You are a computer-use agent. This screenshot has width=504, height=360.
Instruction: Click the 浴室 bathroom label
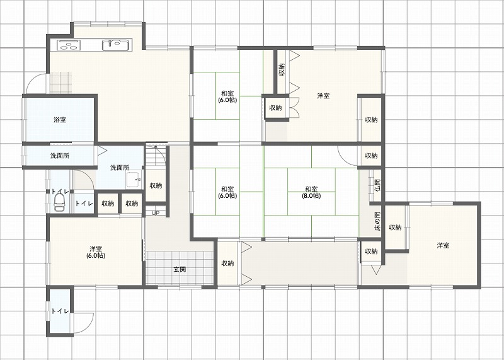60,120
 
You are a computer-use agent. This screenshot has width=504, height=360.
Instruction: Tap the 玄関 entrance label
180,269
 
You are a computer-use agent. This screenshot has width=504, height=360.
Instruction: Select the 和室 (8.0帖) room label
311,192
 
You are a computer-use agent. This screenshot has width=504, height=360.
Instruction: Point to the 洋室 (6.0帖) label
96,252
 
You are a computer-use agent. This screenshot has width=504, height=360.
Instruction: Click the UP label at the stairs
156,213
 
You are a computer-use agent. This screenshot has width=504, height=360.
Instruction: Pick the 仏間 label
377,185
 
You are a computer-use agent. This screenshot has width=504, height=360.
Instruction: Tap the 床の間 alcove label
377,221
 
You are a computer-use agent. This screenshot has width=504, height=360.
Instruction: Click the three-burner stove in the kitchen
68,45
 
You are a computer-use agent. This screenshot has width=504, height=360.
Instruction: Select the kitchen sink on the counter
115,45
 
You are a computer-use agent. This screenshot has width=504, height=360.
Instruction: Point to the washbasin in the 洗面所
134,180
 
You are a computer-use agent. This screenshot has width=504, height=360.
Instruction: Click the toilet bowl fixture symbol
59,202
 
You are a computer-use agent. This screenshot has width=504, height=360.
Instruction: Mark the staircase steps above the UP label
156,155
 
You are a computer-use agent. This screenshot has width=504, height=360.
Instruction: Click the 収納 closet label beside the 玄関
227,263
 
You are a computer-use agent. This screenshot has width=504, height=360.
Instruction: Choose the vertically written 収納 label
282,69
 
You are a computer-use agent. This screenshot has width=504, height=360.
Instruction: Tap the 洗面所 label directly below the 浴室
60,156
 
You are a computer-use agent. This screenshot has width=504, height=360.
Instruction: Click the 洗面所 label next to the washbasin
120,168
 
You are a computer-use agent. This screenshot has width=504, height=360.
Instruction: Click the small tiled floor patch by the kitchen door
60,83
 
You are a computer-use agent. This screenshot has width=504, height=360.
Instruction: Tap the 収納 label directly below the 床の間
371,252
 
